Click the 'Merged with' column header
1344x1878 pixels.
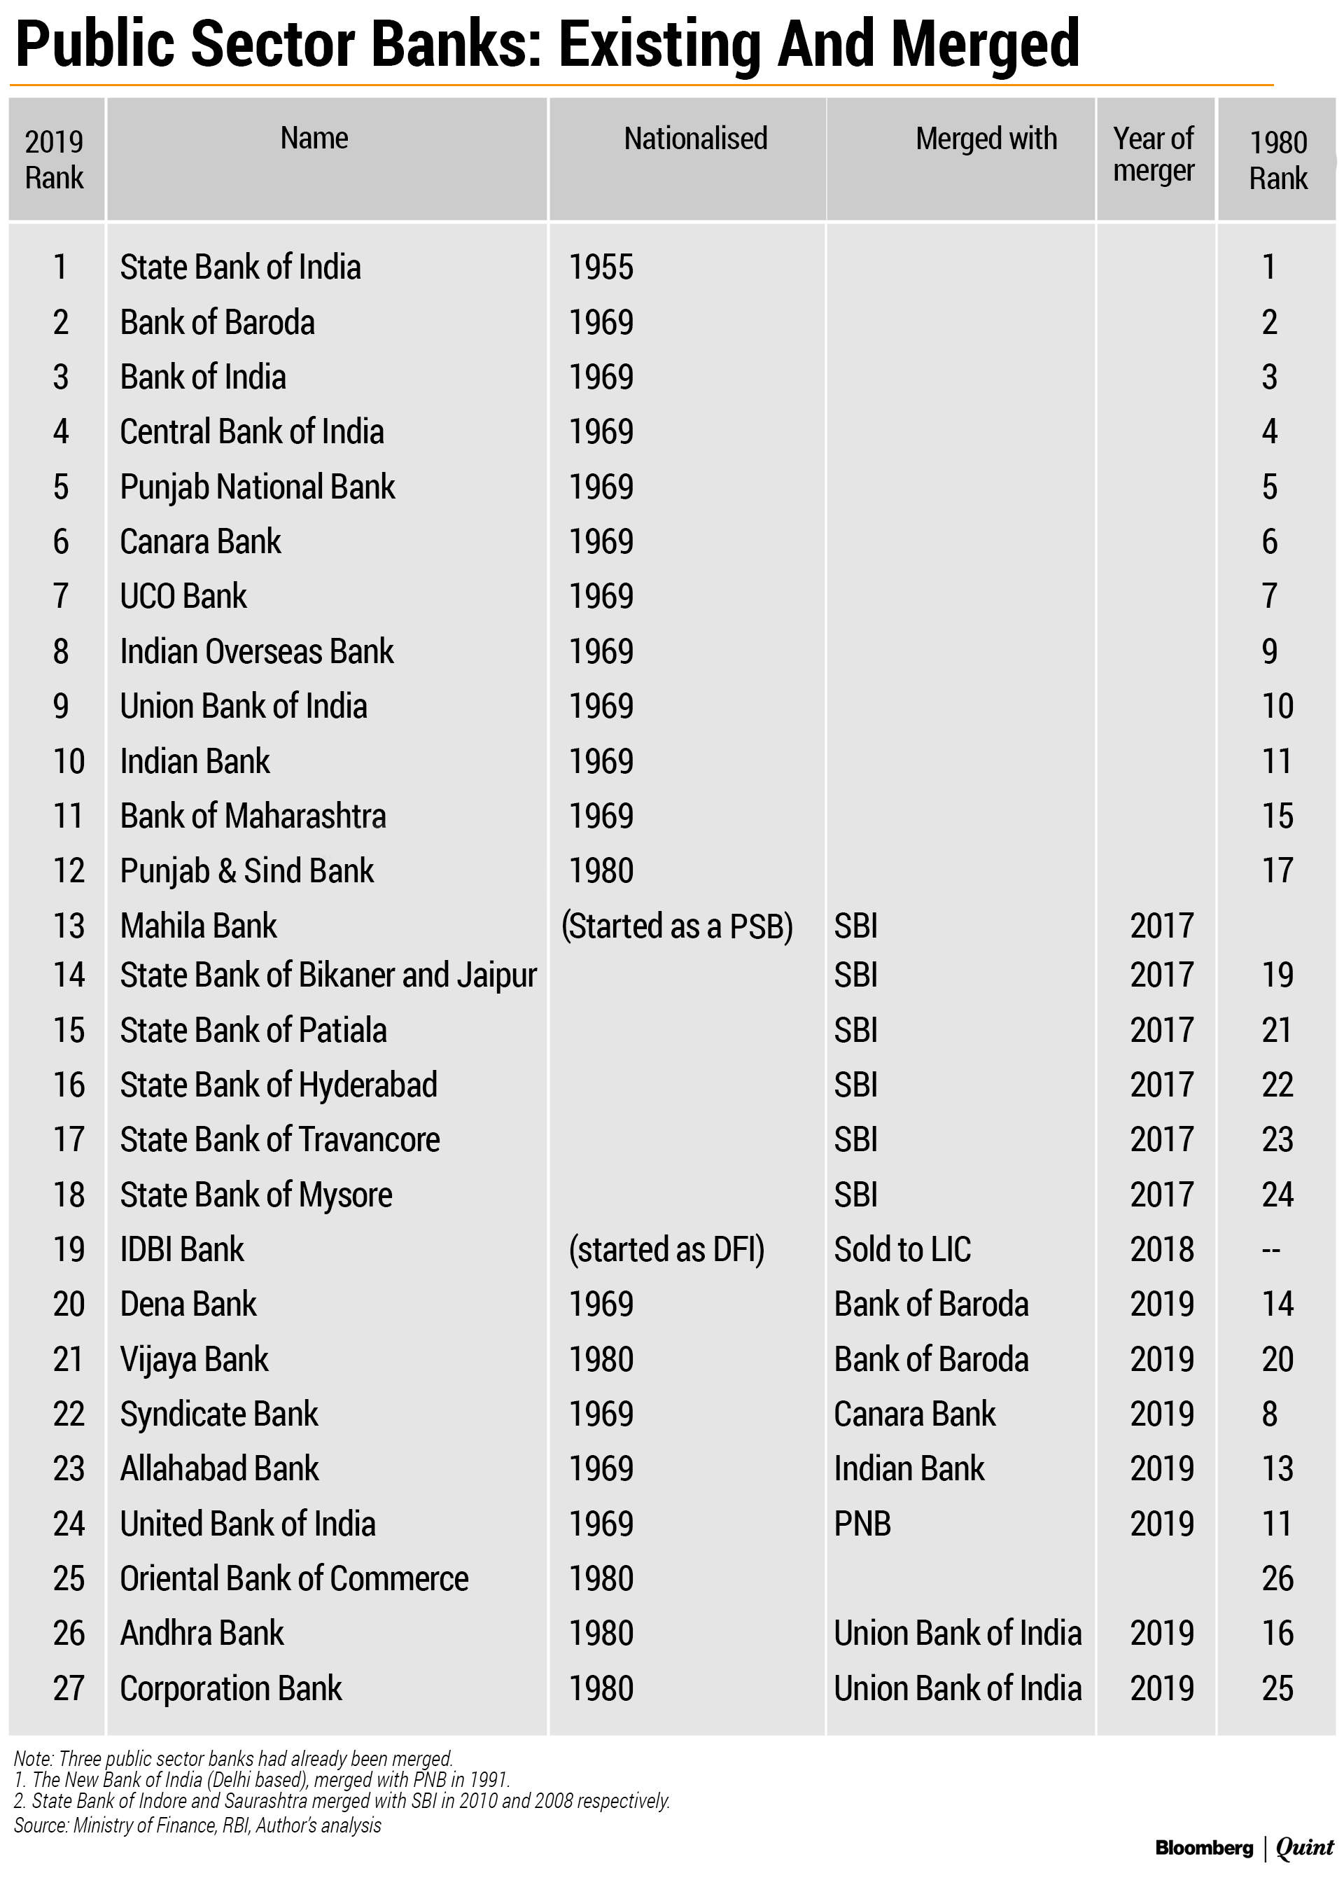tap(986, 139)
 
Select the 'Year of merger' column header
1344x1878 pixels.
tap(1153, 155)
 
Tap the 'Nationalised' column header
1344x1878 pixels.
tap(695, 139)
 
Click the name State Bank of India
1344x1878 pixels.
tap(240, 267)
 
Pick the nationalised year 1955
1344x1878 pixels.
tap(601, 267)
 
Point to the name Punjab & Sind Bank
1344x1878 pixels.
tap(246, 870)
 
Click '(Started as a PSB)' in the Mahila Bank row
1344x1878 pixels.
tap(677, 926)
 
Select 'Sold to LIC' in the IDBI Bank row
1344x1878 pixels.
tap(902, 1250)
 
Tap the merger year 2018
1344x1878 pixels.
tap(1162, 1250)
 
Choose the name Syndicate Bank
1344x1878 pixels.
tap(218, 1414)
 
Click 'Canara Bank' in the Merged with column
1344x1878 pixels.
tap(914, 1414)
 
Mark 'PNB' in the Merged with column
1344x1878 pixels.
tap(862, 1524)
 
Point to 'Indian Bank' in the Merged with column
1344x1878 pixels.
tap(909, 1469)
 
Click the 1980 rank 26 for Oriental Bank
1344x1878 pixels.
tap(1277, 1578)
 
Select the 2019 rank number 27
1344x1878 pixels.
tap(69, 1688)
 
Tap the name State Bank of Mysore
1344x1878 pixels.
tap(255, 1195)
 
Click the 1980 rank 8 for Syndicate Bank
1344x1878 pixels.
tap(1270, 1414)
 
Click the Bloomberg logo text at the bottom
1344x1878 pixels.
tap(1203, 1848)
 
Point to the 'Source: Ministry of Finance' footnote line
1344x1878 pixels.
tap(197, 1826)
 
